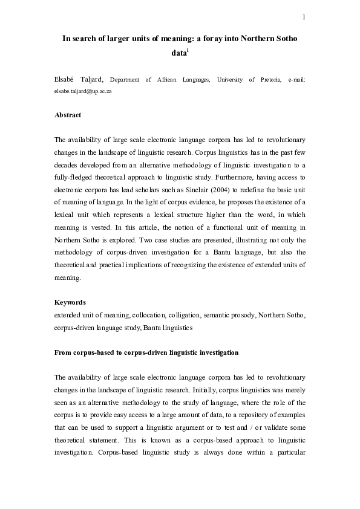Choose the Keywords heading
pyautogui.click(x=70, y=302)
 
